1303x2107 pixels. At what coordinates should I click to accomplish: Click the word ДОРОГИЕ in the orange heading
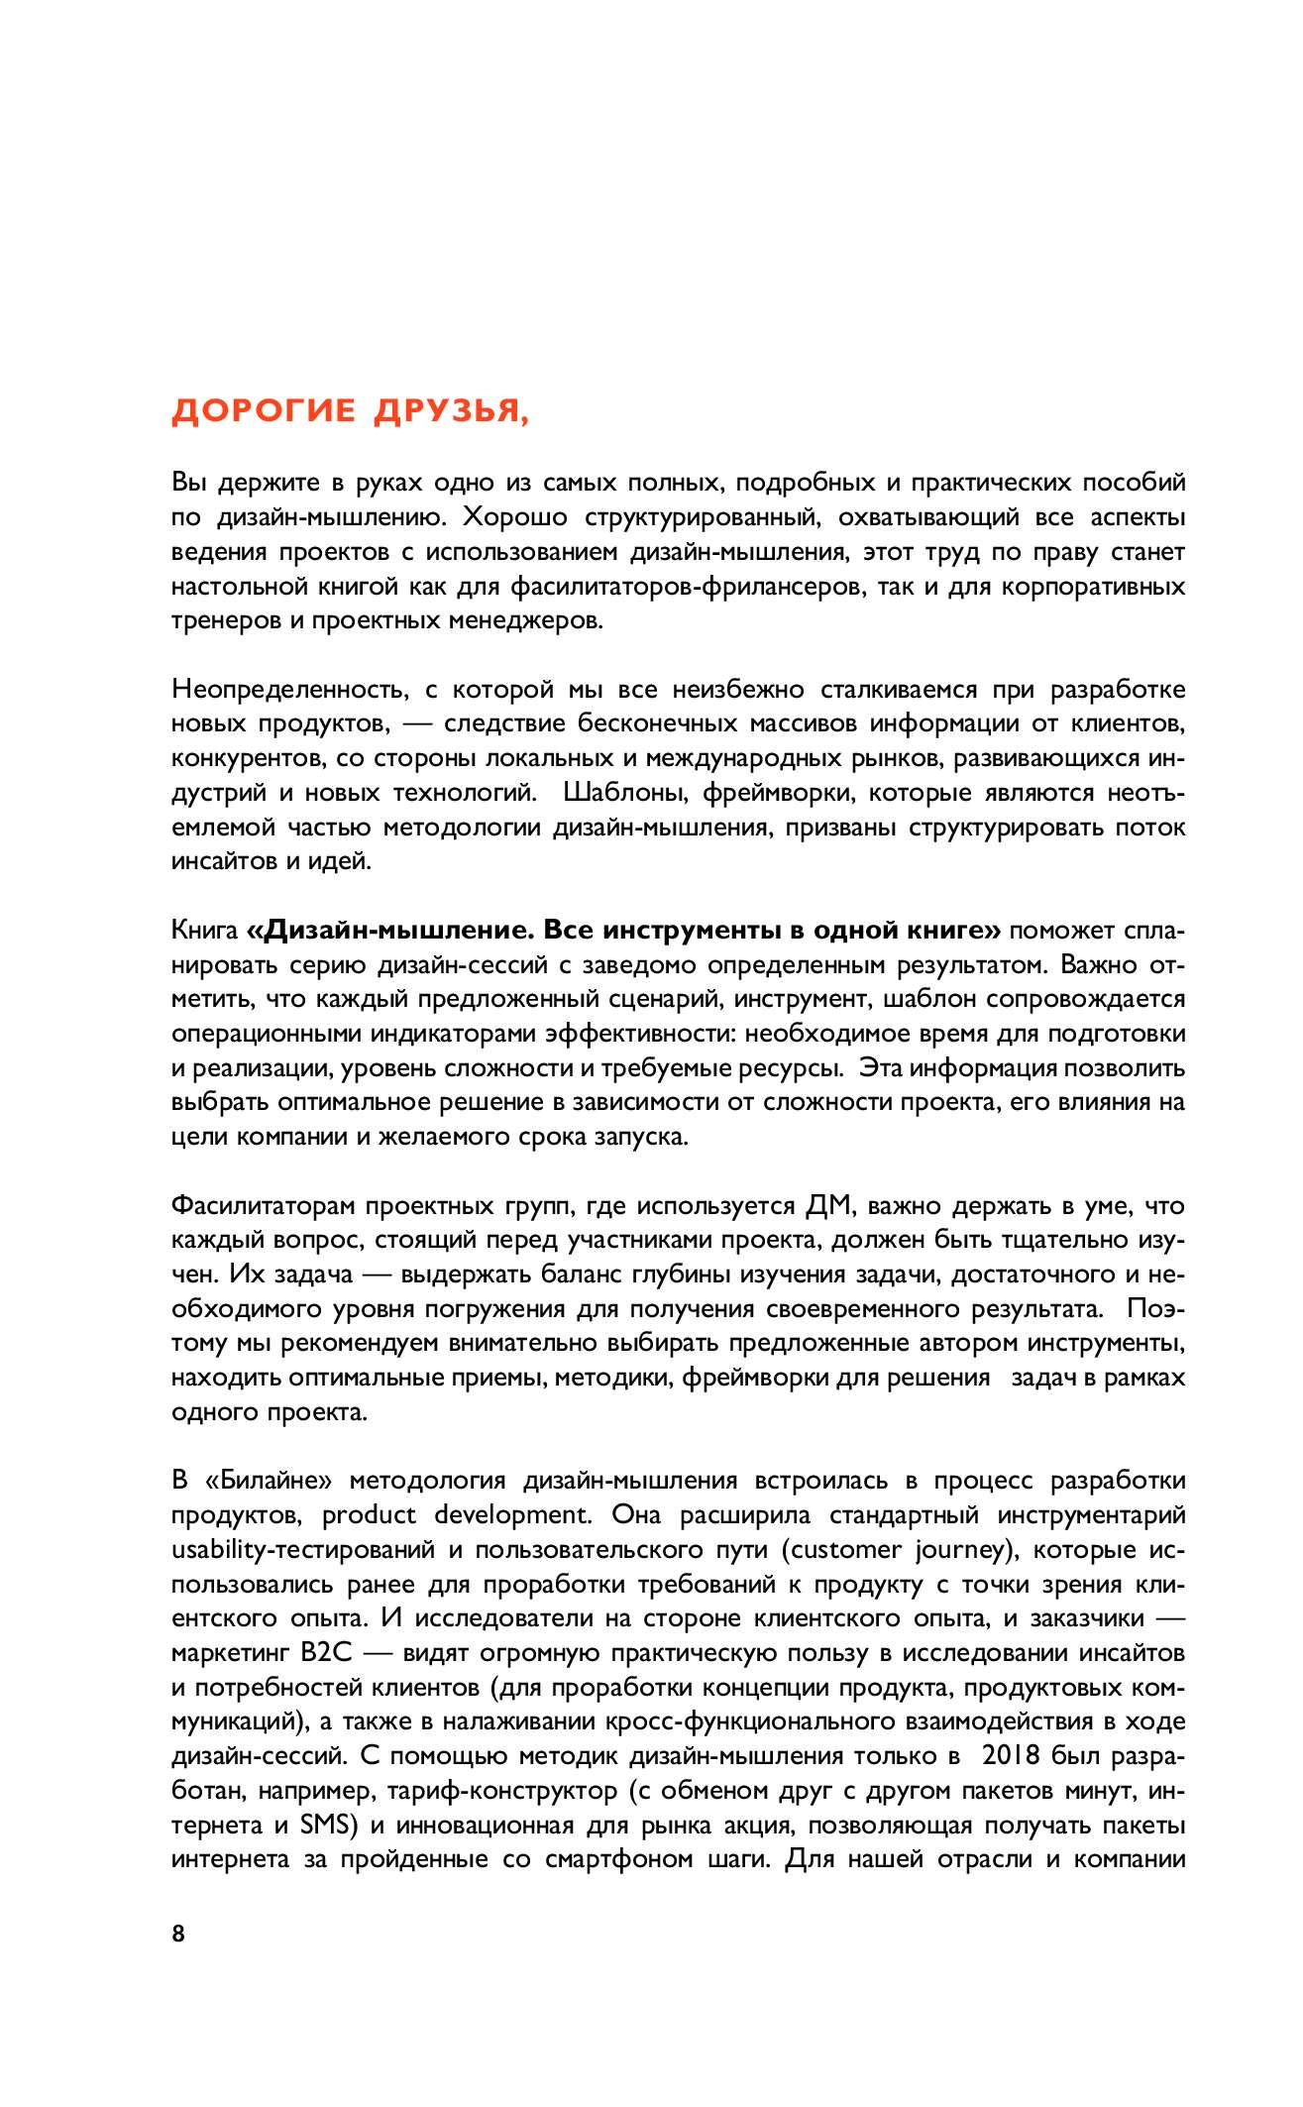[x=263, y=410]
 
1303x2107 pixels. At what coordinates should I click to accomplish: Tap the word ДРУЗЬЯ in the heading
[x=451, y=410]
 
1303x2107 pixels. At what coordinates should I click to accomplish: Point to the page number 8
[x=178, y=1934]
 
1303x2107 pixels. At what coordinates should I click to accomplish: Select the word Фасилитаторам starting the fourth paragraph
[x=262, y=1206]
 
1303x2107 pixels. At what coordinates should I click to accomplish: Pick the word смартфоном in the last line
[x=620, y=1859]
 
